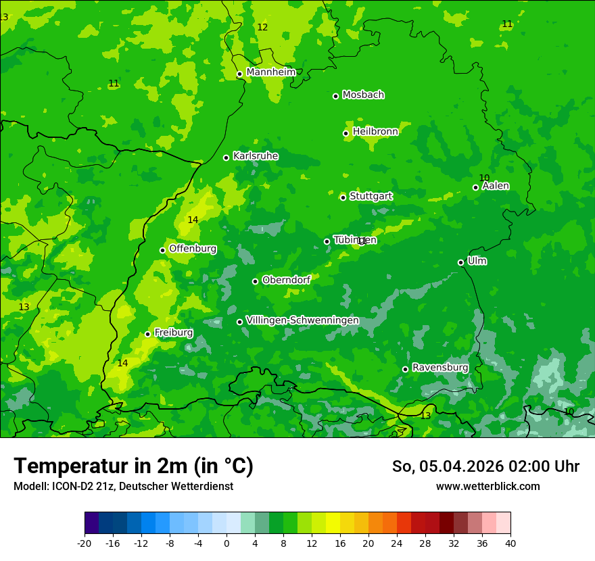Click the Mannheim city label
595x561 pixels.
(x=270, y=72)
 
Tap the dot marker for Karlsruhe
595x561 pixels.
(x=227, y=157)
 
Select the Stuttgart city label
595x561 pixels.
(x=371, y=196)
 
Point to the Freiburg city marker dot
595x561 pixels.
(x=148, y=334)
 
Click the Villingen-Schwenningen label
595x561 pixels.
(x=302, y=320)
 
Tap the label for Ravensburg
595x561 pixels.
(x=439, y=367)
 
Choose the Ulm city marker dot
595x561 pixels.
(x=461, y=262)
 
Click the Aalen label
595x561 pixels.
(x=495, y=185)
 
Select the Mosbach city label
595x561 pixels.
(x=363, y=95)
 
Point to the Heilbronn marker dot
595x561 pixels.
(x=346, y=133)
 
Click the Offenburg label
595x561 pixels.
(x=192, y=248)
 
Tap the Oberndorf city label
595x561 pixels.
(x=286, y=279)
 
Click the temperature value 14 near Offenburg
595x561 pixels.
(x=193, y=220)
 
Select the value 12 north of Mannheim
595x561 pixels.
(x=262, y=27)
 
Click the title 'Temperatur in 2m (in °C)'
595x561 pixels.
(x=134, y=466)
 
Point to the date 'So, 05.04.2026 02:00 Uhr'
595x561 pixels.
(x=485, y=466)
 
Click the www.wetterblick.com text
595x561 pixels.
(x=487, y=486)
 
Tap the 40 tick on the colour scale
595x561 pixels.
(x=510, y=543)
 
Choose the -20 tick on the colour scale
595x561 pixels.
(x=85, y=543)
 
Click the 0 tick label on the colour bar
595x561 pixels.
(x=227, y=543)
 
